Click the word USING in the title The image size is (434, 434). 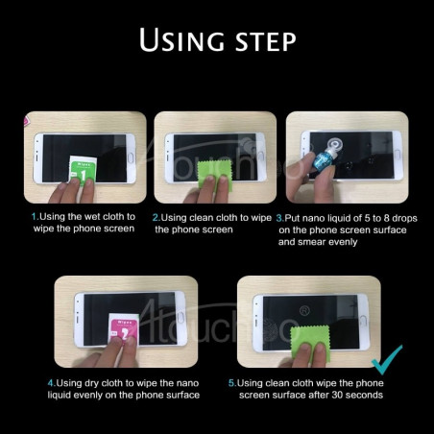[181, 39]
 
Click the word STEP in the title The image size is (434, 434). [266, 41]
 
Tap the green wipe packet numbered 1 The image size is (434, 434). [83, 170]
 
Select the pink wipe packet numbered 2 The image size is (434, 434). [124, 328]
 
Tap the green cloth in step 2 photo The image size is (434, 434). [214, 176]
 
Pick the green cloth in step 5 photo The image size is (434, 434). [310, 344]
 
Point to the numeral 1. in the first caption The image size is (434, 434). [35, 217]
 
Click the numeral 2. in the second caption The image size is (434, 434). [157, 218]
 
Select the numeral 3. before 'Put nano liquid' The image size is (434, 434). [280, 218]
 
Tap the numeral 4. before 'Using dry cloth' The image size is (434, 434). [52, 383]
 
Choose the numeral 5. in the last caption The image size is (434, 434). [232, 383]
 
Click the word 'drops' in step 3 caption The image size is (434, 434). [404, 218]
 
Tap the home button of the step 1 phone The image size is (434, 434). [131, 157]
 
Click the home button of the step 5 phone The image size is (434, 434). [363, 320]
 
